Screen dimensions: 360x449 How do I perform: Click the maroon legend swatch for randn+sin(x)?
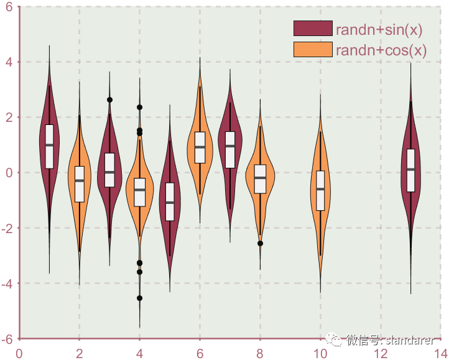tap(313, 29)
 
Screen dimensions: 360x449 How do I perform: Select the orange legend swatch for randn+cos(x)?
tap(313, 50)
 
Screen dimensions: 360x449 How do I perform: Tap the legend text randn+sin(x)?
tap(379, 29)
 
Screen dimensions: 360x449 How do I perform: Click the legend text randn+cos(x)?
tap(381, 50)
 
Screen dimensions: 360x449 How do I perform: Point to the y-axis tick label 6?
tap(9, 7)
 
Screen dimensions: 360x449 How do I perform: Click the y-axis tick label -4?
tap(7, 284)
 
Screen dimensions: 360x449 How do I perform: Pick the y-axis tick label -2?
tap(7, 228)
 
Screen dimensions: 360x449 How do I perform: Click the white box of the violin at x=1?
tap(49, 145)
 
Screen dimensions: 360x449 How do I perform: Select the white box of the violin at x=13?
tap(410, 170)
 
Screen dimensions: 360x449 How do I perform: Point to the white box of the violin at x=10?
tap(320, 190)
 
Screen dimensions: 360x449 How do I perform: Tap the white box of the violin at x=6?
tap(200, 147)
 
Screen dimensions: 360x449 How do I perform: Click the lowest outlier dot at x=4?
tap(139, 298)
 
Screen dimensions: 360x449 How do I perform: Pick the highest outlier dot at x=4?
tap(139, 107)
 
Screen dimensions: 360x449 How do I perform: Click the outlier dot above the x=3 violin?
tap(109, 99)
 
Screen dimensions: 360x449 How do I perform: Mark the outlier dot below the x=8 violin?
tap(260, 244)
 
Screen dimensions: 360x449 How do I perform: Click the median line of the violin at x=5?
tap(170, 202)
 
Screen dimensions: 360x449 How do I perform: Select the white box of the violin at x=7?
tap(230, 149)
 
